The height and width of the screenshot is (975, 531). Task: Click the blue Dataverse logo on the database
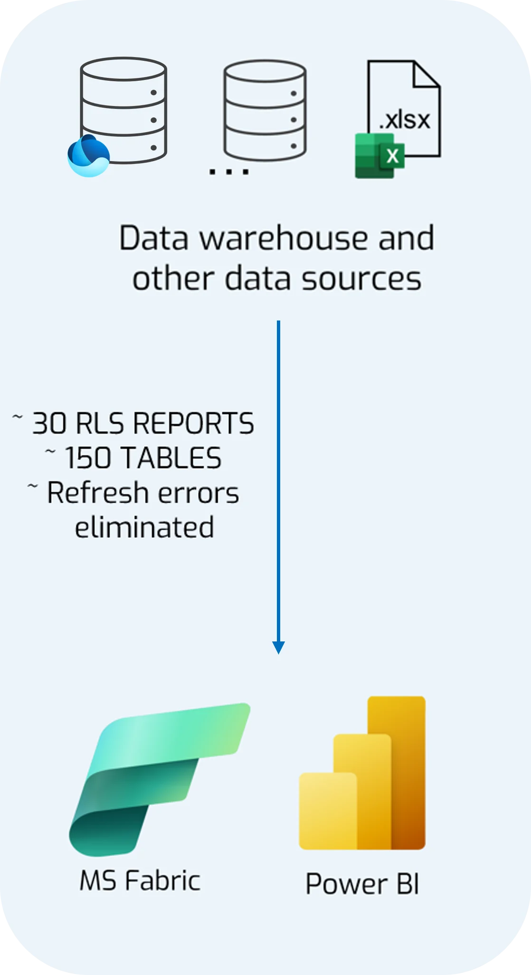tap(88, 156)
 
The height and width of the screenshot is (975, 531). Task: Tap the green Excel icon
tap(379, 155)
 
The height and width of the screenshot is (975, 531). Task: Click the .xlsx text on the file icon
tap(405, 120)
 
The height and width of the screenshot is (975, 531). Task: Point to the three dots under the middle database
tap(229, 172)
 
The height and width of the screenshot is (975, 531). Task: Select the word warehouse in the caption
tap(284, 238)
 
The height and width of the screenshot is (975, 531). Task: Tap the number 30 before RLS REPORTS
tap(49, 423)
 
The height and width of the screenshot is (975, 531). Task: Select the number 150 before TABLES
tap(89, 458)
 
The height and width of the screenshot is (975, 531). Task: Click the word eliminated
tap(144, 527)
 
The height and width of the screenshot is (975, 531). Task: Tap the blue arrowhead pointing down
tap(278, 647)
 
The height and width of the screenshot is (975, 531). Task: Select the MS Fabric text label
tap(140, 880)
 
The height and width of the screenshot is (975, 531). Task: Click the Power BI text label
tap(362, 884)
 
